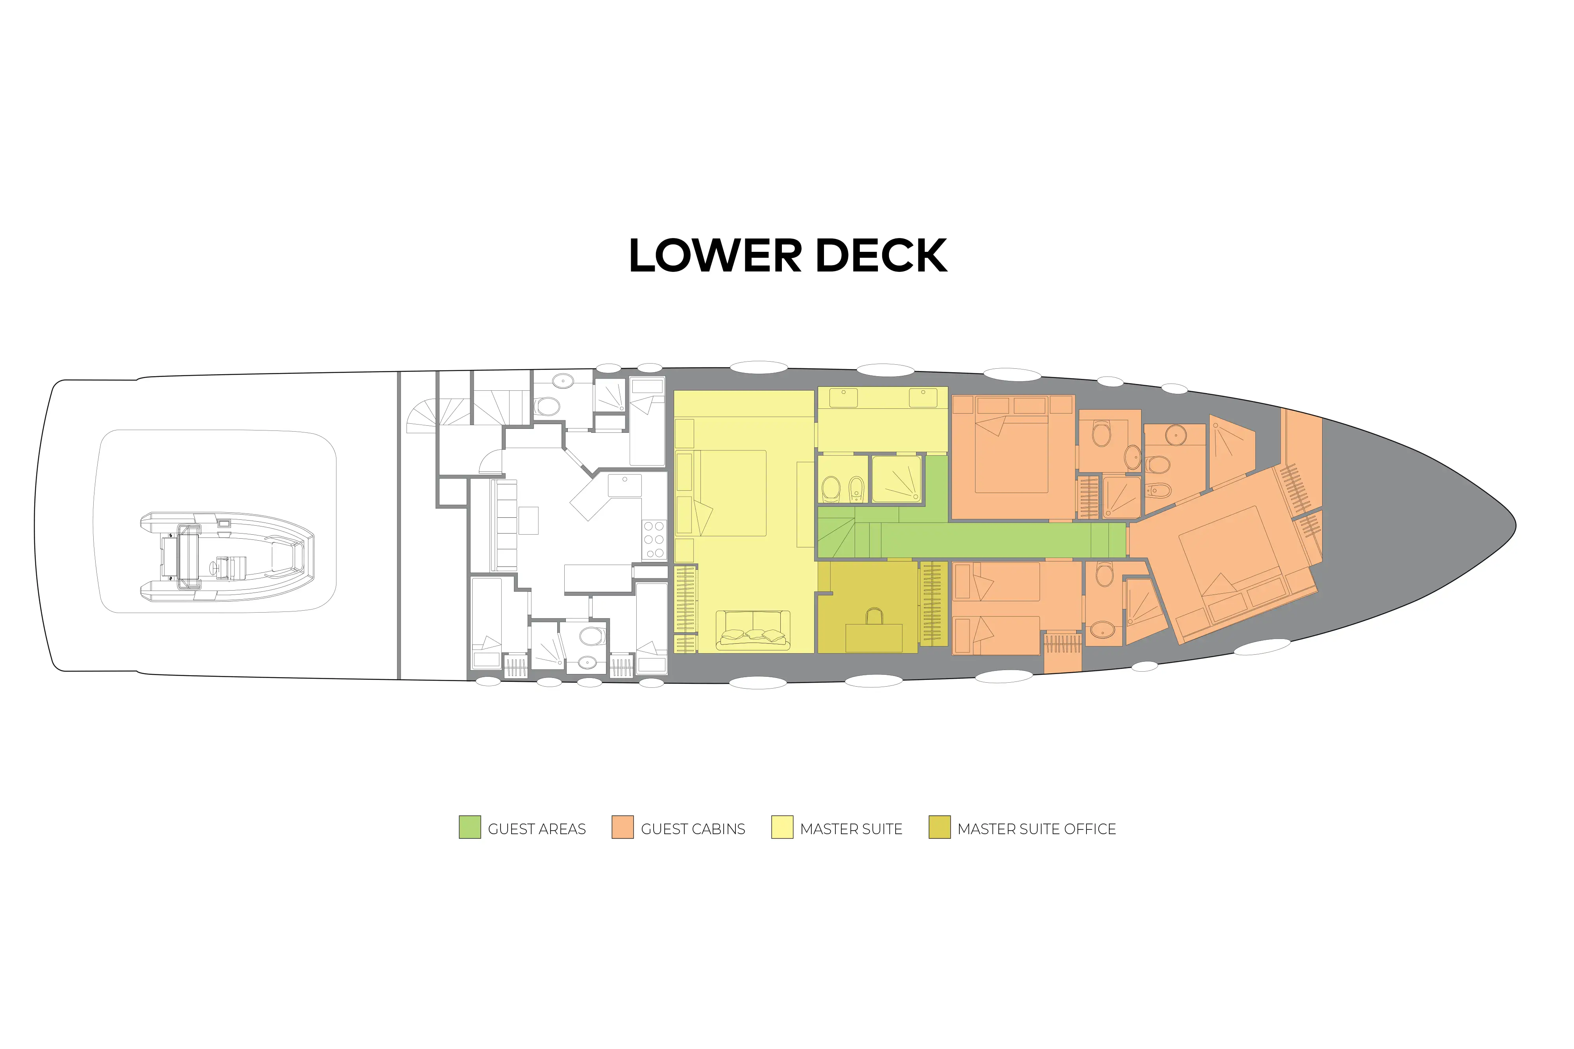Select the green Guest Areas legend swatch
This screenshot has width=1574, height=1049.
[469, 827]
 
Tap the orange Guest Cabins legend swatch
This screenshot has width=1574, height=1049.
[622, 827]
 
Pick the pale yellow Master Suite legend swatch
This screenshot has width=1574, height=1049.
[782, 827]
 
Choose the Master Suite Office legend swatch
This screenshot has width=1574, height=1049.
[939, 827]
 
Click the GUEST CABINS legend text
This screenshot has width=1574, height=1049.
[693, 829]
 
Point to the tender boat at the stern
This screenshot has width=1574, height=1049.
[227, 556]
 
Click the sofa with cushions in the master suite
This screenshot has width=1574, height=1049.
[752, 630]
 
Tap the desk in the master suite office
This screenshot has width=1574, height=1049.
[874, 637]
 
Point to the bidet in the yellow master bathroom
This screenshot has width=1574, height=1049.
[856, 489]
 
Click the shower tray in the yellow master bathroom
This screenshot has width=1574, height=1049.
[896, 478]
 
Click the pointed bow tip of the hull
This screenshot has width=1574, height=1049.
[1515, 526]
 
